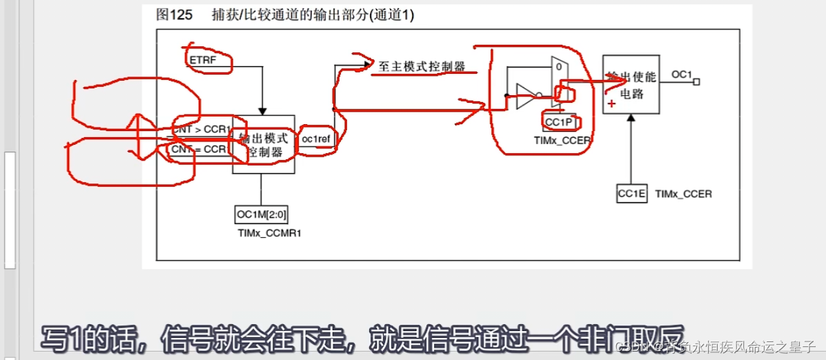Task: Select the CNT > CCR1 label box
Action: (201, 129)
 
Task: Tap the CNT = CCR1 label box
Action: (200, 149)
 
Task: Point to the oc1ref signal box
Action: (316, 139)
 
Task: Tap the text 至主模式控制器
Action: (421, 67)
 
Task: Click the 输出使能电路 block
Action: (631, 84)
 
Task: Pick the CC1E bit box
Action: (631, 194)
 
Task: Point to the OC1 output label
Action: (681, 74)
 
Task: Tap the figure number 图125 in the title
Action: (170, 14)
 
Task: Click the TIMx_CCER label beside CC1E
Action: (683, 194)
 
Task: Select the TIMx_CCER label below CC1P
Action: (562, 140)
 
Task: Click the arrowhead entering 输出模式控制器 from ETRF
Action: (262, 110)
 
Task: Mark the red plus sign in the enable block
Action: (611, 103)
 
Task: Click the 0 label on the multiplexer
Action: (557, 67)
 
